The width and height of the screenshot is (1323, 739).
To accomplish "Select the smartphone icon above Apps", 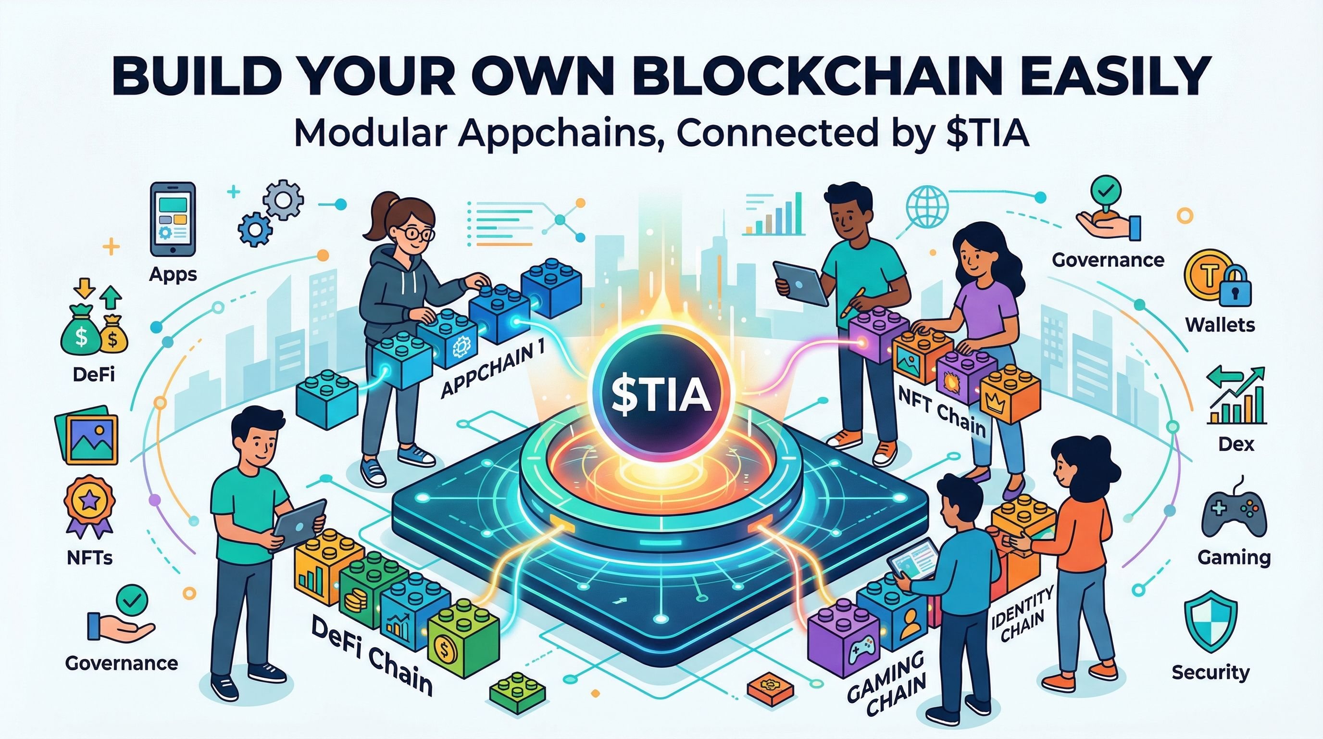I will coord(173,221).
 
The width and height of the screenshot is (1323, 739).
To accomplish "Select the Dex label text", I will coord(1236,444).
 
